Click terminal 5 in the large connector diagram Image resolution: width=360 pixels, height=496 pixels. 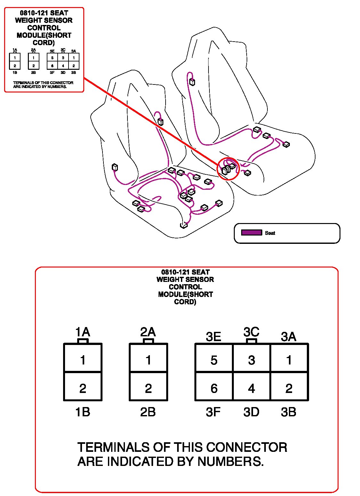tap(214, 360)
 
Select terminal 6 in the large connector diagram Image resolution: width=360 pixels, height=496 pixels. tap(214, 388)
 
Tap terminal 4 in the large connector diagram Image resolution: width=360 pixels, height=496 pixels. tap(251, 388)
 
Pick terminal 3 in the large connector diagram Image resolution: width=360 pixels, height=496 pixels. tap(251, 360)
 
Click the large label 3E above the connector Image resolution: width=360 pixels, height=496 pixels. tap(213, 337)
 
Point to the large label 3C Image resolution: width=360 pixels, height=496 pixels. tap(251, 332)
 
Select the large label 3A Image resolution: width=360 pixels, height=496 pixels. tap(288, 337)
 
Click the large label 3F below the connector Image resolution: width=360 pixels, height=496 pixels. tap(213, 412)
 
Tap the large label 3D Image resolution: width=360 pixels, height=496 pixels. tap(251, 412)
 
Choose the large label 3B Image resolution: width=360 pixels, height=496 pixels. tap(288, 412)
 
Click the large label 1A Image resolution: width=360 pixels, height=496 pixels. tap(83, 332)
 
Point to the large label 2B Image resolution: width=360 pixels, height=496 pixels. tap(148, 412)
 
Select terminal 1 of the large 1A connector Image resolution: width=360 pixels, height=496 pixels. tap(83, 360)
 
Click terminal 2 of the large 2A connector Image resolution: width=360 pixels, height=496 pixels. tap(148, 388)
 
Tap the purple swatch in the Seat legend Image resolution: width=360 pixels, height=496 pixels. tap(251, 233)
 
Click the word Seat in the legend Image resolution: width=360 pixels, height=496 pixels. tap(270, 233)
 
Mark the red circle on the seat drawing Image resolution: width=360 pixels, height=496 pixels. tap(228, 168)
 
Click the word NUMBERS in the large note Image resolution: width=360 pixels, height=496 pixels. tap(230, 461)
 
